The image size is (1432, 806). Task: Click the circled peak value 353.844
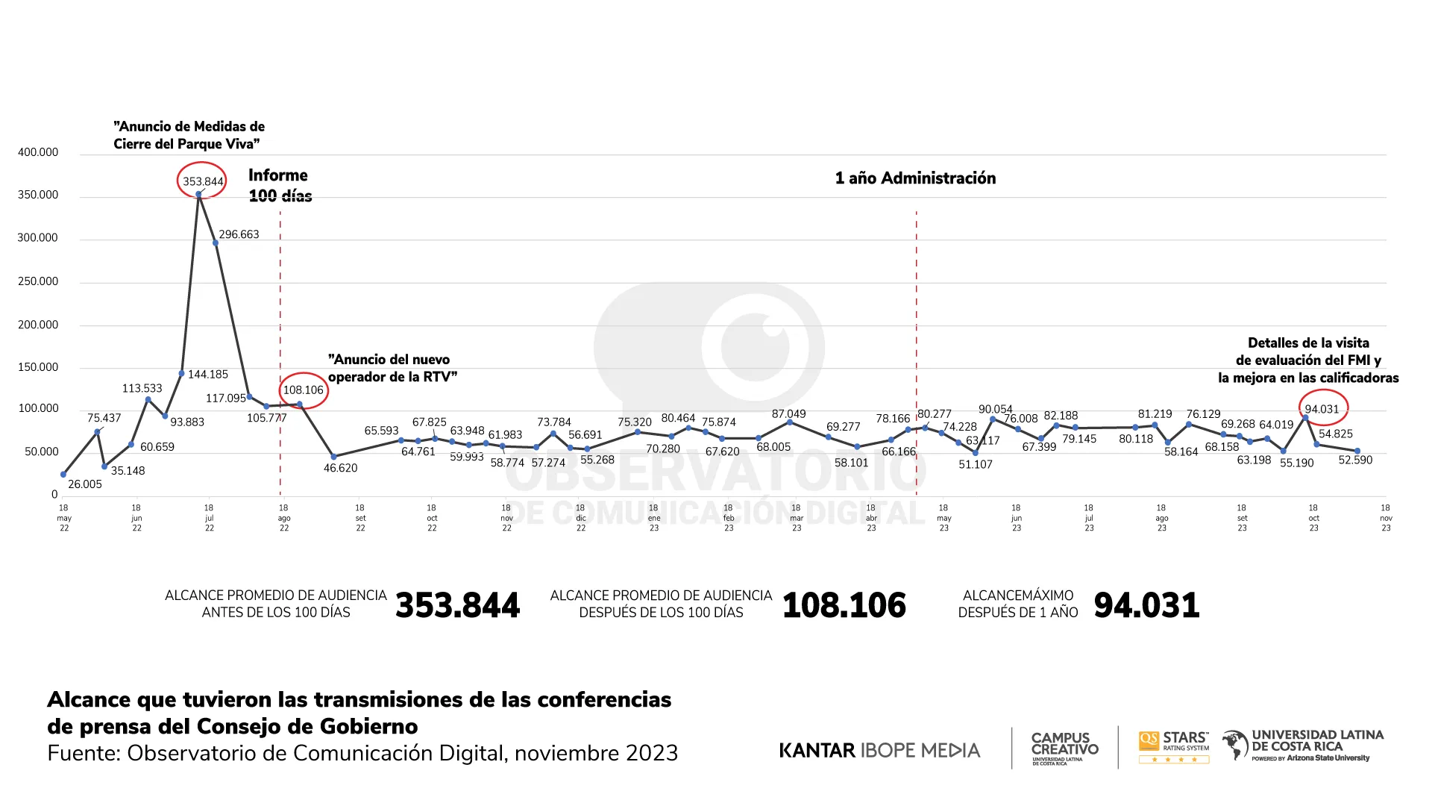tap(203, 181)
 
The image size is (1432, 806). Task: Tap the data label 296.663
tap(239, 234)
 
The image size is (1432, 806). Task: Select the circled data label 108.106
tap(304, 390)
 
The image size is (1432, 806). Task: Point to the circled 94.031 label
tap(1322, 409)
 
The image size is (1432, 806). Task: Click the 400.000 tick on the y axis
tap(38, 152)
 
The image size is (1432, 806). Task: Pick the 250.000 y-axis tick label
tap(38, 281)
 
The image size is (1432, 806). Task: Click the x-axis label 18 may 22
tap(64, 518)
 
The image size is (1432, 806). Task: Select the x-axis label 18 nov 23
tap(1386, 518)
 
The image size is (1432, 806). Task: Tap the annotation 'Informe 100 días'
tap(280, 185)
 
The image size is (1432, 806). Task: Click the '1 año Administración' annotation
tap(915, 178)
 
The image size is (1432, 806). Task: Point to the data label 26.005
tap(85, 484)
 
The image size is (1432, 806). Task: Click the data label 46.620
tap(340, 468)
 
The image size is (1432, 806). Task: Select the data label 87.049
tap(788, 414)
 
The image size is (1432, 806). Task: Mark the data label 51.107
tap(976, 464)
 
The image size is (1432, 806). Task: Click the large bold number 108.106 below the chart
tap(844, 605)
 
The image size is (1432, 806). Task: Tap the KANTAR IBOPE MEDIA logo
tap(879, 750)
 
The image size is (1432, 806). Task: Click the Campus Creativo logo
tap(1064, 747)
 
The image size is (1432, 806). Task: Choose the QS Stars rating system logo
tap(1174, 746)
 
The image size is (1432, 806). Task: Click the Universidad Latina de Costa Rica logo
tap(1303, 745)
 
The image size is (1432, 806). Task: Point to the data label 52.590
tap(1355, 460)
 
